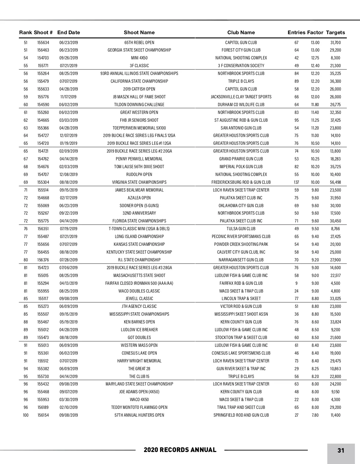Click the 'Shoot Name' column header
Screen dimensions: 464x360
click(139, 32)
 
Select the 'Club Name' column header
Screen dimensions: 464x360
click(241, 32)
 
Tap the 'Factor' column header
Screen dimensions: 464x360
click(315, 32)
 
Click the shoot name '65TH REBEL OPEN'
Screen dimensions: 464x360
click(139, 43)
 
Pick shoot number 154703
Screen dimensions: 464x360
click(43, 58)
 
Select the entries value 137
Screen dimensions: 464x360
click(296, 182)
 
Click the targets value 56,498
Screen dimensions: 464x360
click(335, 182)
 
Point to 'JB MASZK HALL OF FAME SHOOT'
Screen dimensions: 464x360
click(139, 97)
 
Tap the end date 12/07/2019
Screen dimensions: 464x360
click(68, 135)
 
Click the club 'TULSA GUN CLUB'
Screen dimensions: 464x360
click(241, 229)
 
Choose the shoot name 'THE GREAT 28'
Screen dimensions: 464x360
click(139, 369)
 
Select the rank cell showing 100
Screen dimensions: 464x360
click(26, 415)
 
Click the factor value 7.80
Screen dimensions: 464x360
click(315, 415)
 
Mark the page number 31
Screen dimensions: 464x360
click(341, 451)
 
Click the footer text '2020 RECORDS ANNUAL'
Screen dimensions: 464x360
click(180, 450)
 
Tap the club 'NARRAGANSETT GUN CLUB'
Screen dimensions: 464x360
click(241, 260)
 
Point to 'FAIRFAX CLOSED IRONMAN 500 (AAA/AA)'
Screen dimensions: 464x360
click(139, 283)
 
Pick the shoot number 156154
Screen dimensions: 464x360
click(43, 415)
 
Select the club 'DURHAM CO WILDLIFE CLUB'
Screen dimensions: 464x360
click(241, 105)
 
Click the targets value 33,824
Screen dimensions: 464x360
click(335, 322)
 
